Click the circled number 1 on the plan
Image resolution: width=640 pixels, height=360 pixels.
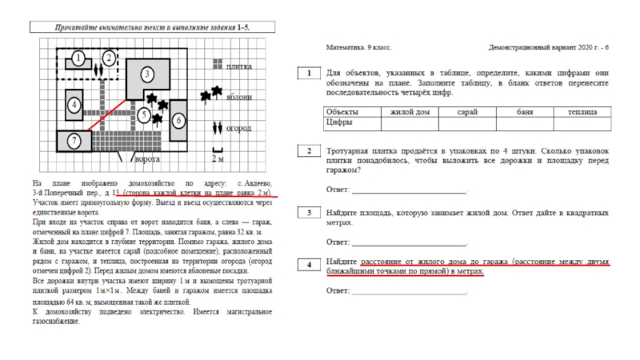pos(78,58)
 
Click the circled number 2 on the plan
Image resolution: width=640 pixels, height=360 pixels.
pos(106,58)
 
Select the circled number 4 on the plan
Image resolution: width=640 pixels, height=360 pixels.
pos(74,105)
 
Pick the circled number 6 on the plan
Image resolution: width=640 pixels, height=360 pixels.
pos(178,120)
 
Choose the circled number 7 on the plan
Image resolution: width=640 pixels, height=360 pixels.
pos(73,142)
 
